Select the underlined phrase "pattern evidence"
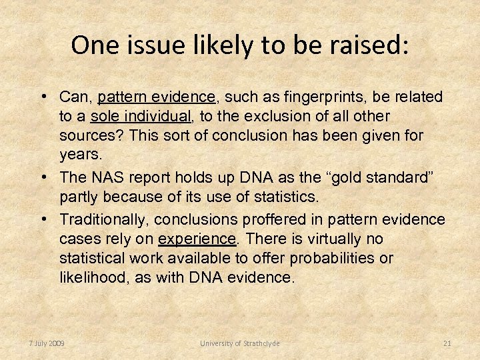click(x=157, y=97)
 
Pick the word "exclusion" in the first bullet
click(x=269, y=117)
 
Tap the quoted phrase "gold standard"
click(x=381, y=178)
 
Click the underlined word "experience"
click(x=196, y=239)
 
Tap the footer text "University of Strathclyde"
click(x=240, y=343)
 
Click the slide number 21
click(x=447, y=343)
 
